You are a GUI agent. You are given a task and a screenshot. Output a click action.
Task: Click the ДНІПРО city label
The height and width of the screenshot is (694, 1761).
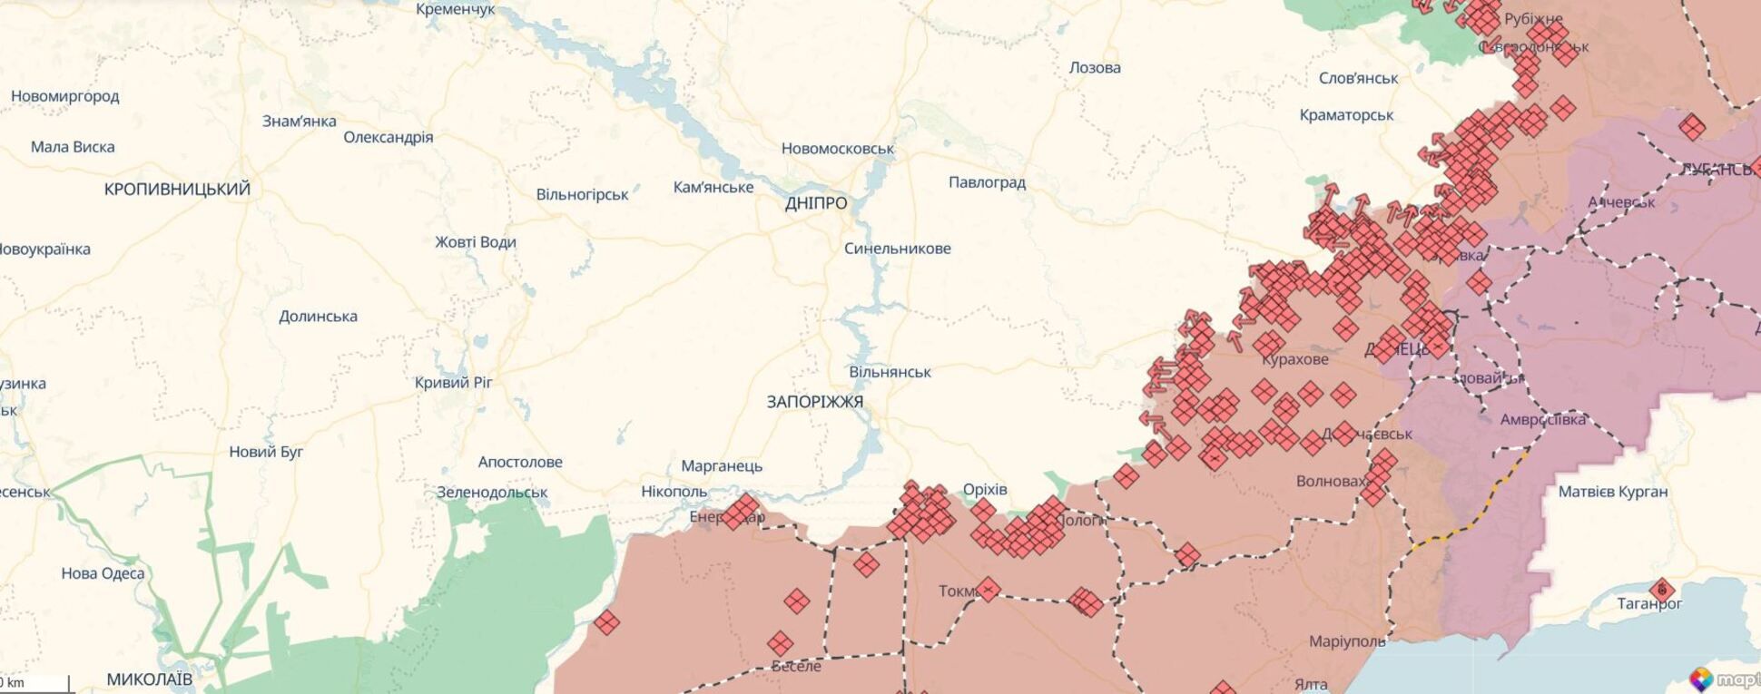[x=816, y=203]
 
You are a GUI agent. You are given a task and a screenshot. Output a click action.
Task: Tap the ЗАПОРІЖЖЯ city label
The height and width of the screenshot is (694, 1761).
[x=814, y=402]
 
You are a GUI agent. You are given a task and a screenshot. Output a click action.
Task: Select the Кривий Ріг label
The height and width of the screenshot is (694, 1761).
[x=453, y=383]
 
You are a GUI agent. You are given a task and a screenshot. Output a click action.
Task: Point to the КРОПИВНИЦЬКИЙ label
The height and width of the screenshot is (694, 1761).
[x=177, y=190]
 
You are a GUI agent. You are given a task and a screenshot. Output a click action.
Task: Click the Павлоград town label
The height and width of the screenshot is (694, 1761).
[x=987, y=182]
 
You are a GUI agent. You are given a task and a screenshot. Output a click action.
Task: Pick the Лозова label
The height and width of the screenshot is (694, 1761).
[x=1095, y=68]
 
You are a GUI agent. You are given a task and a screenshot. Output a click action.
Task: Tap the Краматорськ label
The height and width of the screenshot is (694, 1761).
[x=1346, y=115]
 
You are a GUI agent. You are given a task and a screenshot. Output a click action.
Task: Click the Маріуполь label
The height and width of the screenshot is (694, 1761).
[x=1347, y=641]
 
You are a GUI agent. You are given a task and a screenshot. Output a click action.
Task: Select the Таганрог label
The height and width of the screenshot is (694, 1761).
[x=1649, y=604]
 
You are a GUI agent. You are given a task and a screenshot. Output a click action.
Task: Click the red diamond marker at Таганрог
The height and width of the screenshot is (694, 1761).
[x=1662, y=591]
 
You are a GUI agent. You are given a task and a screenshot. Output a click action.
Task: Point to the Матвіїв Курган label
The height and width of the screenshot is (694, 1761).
[x=1613, y=492]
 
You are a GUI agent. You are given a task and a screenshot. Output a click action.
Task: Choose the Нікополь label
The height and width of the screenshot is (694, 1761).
[x=674, y=492]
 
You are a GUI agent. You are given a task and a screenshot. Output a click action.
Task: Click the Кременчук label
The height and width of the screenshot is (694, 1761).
[x=456, y=9]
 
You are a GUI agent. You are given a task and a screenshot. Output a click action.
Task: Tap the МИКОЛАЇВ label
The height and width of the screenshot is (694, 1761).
[x=150, y=679]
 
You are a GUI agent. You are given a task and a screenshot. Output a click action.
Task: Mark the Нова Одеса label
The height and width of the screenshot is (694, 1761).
[x=103, y=573]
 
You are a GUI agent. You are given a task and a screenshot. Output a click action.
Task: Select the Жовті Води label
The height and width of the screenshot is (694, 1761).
[x=476, y=242]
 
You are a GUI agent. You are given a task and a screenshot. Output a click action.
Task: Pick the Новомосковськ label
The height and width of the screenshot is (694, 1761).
[x=838, y=149]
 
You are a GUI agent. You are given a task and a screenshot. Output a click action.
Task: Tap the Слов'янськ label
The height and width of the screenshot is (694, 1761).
[x=1358, y=79]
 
